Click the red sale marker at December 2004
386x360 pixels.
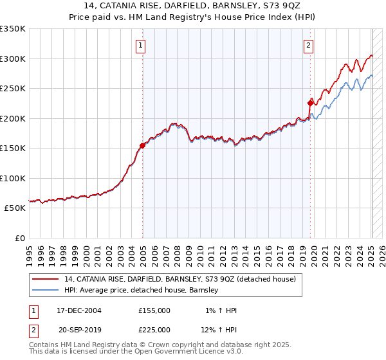coord(142,145)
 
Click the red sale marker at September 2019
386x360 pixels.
coord(310,102)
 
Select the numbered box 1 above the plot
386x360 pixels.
coord(140,45)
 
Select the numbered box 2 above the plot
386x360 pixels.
coord(309,45)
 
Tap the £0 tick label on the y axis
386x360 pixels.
coord(20,238)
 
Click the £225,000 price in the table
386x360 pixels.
coord(154,330)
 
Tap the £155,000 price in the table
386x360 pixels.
coord(154,310)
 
